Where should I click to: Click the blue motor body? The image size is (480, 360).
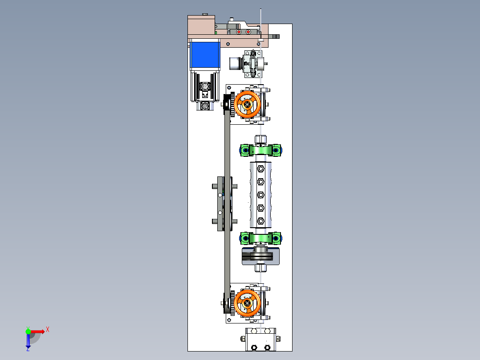(205, 55)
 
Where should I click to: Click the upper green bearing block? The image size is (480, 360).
(260, 151)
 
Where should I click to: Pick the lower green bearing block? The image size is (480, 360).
(260, 238)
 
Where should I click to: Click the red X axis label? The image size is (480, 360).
(48, 330)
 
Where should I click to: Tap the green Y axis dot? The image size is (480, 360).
(28, 331)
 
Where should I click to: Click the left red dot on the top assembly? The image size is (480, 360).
(239, 32)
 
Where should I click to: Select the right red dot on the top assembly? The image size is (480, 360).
(248, 32)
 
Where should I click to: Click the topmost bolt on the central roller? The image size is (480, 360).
(260, 168)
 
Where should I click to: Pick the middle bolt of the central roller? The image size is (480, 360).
(260, 195)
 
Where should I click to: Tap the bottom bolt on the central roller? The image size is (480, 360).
(260, 221)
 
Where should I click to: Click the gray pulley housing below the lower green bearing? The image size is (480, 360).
(260, 256)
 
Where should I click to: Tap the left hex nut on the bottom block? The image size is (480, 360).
(254, 348)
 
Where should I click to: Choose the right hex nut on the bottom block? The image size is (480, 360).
(267, 348)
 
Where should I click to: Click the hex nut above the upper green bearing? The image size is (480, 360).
(260, 139)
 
